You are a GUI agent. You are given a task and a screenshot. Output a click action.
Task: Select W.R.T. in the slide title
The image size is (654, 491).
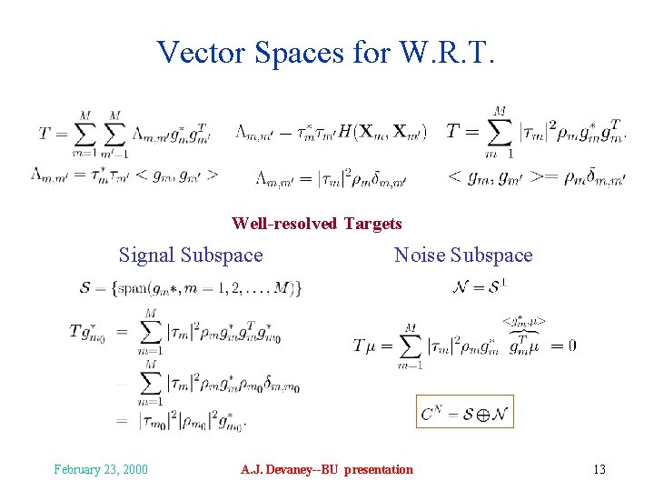pyautogui.click(x=447, y=52)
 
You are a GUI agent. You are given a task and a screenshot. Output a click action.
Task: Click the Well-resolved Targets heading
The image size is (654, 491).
pyautogui.click(x=316, y=223)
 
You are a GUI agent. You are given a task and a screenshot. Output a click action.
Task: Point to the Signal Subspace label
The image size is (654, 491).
pyautogui.click(x=191, y=256)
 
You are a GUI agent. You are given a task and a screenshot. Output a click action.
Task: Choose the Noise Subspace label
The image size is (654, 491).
pyautogui.click(x=463, y=256)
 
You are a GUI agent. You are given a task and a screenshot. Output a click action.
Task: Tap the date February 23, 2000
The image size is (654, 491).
pyautogui.click(x=101, y=469)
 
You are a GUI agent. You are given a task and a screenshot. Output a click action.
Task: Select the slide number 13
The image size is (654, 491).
pyautogui.click(x=599, y=469)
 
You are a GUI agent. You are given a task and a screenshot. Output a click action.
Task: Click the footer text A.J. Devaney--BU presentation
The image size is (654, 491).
pyautogui.click(x=326, y=469)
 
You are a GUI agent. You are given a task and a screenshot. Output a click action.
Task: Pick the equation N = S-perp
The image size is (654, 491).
pyautogui.click(x=479, y=288)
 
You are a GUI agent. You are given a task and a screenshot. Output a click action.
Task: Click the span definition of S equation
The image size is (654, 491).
pyautogui.click(x=191, y=288)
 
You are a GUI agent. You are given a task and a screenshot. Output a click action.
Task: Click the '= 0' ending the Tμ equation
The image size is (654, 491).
pyautogui.click(x=562, y=346)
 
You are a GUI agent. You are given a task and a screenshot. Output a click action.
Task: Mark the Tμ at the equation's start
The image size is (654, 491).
pyautogui.click(x=364, y=346)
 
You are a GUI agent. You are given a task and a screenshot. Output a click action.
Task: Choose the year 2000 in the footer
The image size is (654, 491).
pyautogui.click(x=134, y=469)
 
